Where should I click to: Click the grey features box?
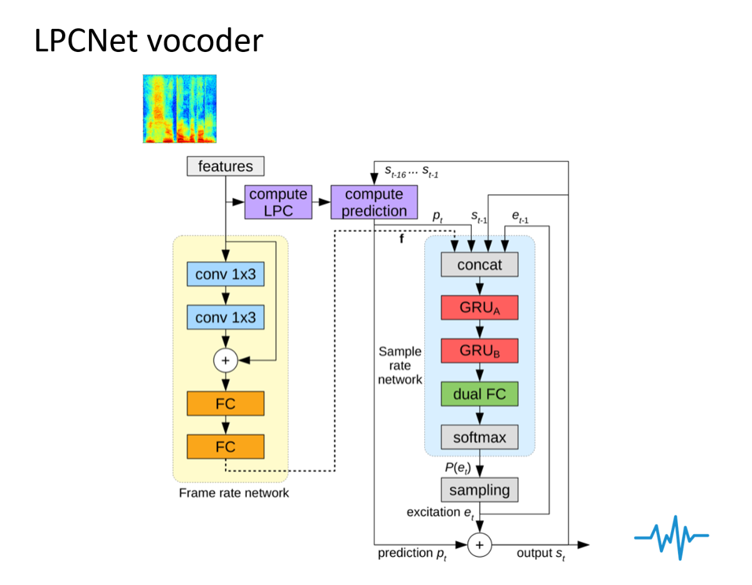pos(226,167)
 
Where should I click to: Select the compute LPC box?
pos(278,202)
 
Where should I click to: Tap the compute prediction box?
pos(373,202)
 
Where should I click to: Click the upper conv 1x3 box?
pos(226,274)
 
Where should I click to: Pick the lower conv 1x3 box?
pos(226,318)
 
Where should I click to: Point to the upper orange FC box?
pos(226,404)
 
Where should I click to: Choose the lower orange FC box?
pos(226,447)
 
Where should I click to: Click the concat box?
pos(479,264)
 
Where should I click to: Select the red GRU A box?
pos(479,308)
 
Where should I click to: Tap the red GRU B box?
pos(479,351)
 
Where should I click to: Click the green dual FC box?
pos(479,394)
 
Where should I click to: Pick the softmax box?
pos(479,437)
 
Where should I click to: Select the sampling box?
pos(479,490)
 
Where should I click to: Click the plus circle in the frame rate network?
pos(225,360)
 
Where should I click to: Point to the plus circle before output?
pos(479,545)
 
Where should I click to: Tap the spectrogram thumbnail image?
pos(180,109)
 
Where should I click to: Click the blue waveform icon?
pos(671,537)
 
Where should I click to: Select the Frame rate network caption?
pos(234,493)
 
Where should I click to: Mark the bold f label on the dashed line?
pos(402,239)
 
